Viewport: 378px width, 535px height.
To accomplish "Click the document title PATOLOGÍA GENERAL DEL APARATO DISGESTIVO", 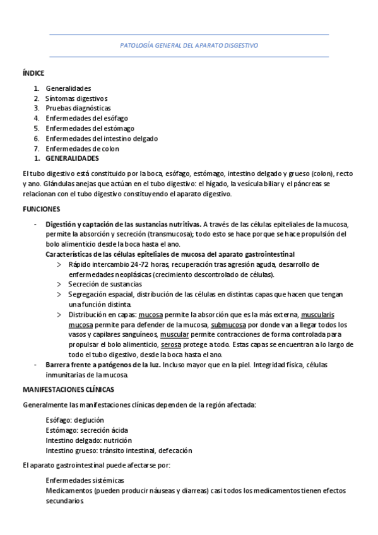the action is tap(189, 45).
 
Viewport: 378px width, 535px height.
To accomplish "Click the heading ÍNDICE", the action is tap(33, 73).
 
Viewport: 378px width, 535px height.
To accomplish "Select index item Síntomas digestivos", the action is tap(76, 98).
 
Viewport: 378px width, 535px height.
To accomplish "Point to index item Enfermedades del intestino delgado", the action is tap(102, 139).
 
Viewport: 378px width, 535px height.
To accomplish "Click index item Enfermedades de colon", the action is tap(82, 149).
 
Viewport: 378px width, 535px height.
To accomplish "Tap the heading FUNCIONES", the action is tap(42, 208).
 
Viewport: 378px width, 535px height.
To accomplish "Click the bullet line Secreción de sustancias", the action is tap(105, 285).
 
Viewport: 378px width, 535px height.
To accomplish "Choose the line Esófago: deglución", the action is tap(75, 420).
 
